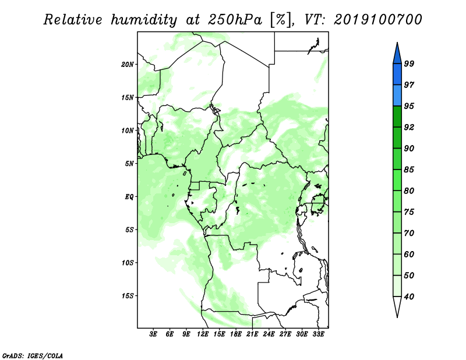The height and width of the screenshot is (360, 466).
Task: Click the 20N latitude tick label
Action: pyautogui.click(x=128, y=65)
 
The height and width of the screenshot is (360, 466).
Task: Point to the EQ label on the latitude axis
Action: pyautogui.click(x=129, y=197)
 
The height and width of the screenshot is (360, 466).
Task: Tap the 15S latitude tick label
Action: pyautogui.click(x=128, y=296)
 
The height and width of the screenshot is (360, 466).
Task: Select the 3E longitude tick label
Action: pyautogui.click(x=153, y=334)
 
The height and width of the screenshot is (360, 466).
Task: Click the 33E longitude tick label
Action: pyautogui.click(x=318, y=334)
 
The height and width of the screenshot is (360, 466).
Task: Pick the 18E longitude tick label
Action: pyautogui.click(x=236, y=334)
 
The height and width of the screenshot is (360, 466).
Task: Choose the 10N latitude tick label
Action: pyautogui.click(x=128, y=130)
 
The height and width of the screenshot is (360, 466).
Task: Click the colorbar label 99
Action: pyautogui.click(x=409, y=63)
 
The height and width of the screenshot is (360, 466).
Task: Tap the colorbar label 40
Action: pyautogui.click(x=409, y=297)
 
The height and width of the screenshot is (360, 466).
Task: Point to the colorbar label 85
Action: pyautogui.click(x=409, y=170)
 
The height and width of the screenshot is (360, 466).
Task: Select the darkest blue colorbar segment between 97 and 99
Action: pyautogui.click(x=397, y=75)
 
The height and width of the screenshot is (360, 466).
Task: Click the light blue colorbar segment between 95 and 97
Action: pyautogui.click(x=397, y=96)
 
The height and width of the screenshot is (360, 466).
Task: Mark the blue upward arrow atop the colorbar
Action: pyautogui.click(x=397, y=54)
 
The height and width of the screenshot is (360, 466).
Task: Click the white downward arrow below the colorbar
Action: pyautogui.click(x=397, y=306)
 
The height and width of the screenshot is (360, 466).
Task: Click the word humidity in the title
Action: pyautogui.click(x=144, y=20)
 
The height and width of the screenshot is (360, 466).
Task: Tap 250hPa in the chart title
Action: pyautogui.click(x=235, y=20)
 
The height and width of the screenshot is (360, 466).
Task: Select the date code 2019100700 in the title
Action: pyautogui.click(x=377, y=20)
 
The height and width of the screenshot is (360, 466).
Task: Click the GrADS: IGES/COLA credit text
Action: pyautogui.click(x=33, y=355)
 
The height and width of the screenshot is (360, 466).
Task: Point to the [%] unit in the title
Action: pyautogui.click(x=281, y=20)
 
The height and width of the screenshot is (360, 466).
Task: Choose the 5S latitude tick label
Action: pyautogui.click(x=129, y=230)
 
